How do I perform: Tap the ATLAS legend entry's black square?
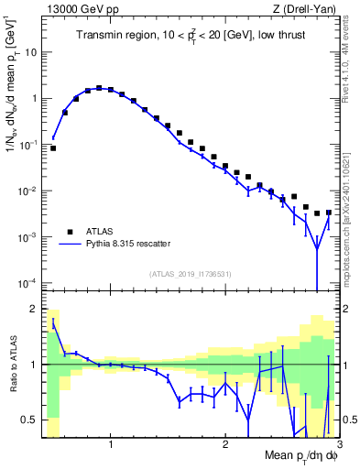pyautogui.click(x=68, y=231)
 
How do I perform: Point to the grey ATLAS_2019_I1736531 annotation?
pyautogui.click(x=189, y=273)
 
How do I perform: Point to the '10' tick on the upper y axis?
pyautogui.click(x=30, y=52)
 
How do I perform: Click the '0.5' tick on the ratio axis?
pyautogui.click(x=30, y=420)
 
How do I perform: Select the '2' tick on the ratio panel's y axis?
pyautogui.click(x=35, y=309)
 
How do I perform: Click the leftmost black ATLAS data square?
pyautogui.click(x=53, y=147)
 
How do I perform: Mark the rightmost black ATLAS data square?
pyautogui.click(x=328, y=213)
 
